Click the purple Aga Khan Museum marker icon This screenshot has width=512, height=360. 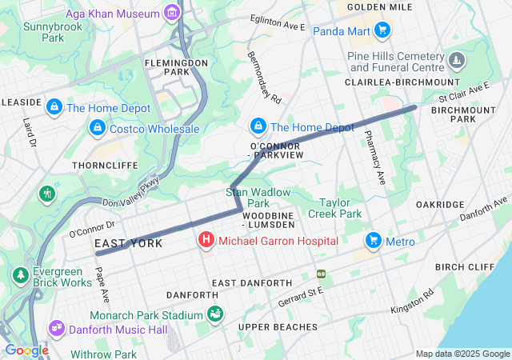171,12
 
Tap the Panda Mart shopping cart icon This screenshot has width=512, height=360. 383,30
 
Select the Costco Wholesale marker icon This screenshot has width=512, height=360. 97,128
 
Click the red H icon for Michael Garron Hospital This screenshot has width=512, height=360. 206,239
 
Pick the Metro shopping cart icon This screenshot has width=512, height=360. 373,240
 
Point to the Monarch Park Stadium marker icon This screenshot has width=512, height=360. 215,315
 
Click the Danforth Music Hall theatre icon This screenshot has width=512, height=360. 56,329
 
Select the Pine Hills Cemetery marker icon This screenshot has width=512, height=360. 456,61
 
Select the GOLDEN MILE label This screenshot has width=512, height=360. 379,7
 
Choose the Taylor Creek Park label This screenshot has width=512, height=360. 341,208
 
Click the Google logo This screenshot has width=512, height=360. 26,350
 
